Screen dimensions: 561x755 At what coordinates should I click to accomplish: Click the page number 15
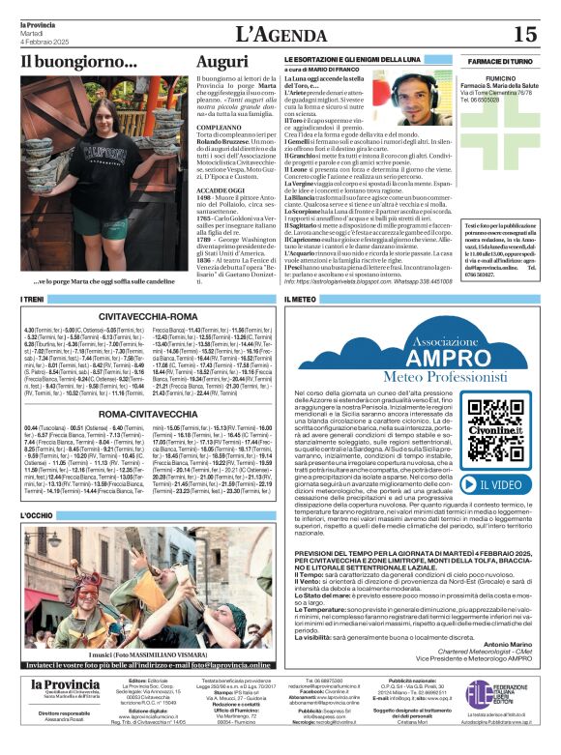point(525,34)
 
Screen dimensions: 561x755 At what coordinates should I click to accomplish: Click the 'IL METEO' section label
point(301,300)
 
